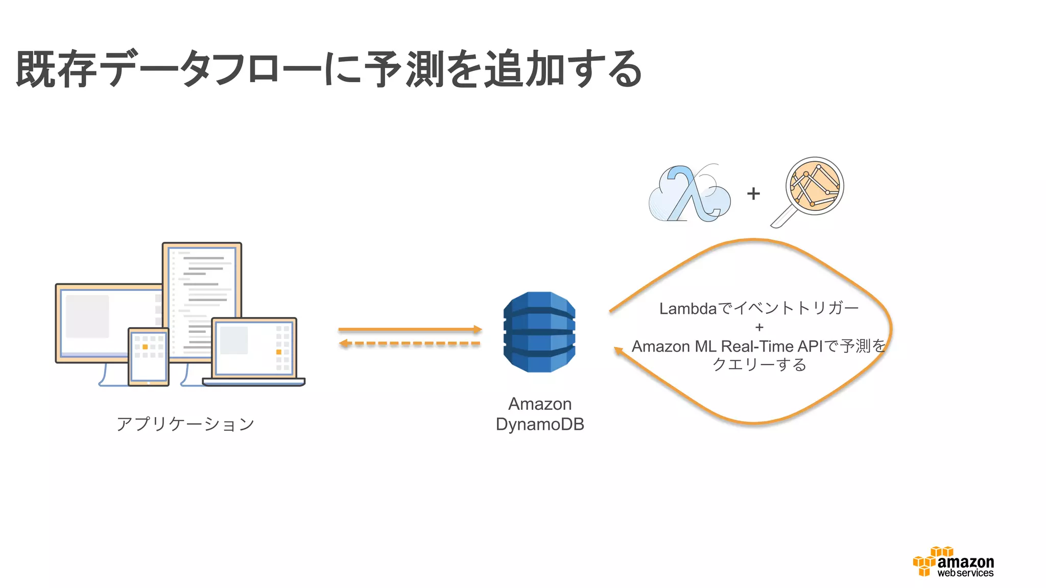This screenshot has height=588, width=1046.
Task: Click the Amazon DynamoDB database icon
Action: pos(539,332)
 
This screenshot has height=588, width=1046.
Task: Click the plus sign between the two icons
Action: pos(753,194)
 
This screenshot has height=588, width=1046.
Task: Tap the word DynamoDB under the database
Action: pos(539,424)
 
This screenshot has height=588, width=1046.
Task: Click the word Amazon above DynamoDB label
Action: pos(539,404)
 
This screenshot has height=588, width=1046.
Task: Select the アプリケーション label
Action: pos(185,424)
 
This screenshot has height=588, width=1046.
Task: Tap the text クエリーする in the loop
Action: pos(759,364)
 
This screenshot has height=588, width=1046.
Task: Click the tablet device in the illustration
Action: pos(148,356)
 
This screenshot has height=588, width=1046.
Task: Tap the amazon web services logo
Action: pos(953,562)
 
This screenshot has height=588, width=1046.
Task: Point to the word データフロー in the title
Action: pos(209,69)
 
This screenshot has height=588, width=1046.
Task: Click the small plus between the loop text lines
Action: pos(759,327)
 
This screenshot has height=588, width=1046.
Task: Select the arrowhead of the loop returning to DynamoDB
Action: pos(619,351)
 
